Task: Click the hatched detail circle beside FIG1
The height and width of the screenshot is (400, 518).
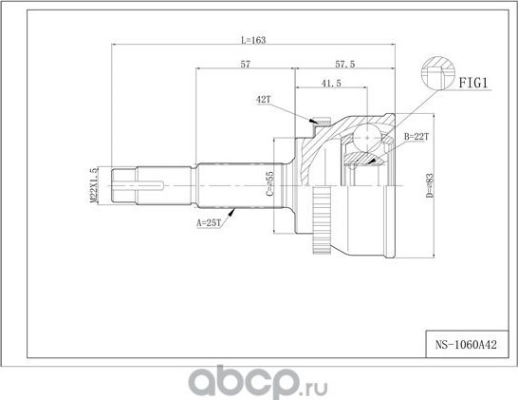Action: click(436, 73)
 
